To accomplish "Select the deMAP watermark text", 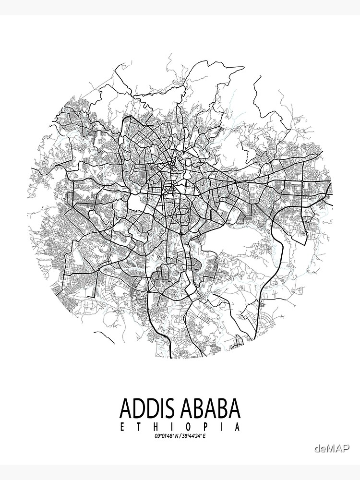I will point(332,448).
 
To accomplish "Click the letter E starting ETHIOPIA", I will point(122,426).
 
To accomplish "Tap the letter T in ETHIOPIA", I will point(139,426).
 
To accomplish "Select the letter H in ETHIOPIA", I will point(155,426).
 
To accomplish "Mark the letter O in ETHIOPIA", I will point(188,426).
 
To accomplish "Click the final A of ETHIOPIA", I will point(237,426).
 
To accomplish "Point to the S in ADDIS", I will point(171,408).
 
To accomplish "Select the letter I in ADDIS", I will point(163,408).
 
